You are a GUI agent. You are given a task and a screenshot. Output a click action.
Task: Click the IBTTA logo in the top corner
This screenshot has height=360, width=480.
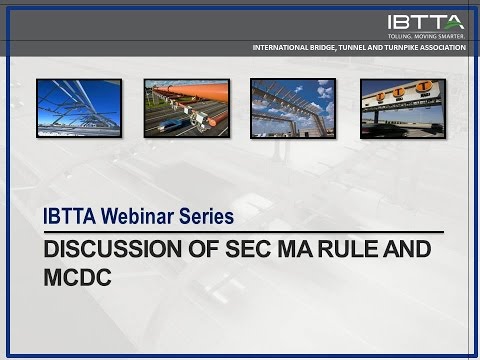click(426, 20)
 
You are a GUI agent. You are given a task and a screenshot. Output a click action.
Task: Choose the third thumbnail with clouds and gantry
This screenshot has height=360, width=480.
click(291, 108)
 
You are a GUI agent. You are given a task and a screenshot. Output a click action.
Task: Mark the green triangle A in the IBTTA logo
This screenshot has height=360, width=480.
click(455, 20)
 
